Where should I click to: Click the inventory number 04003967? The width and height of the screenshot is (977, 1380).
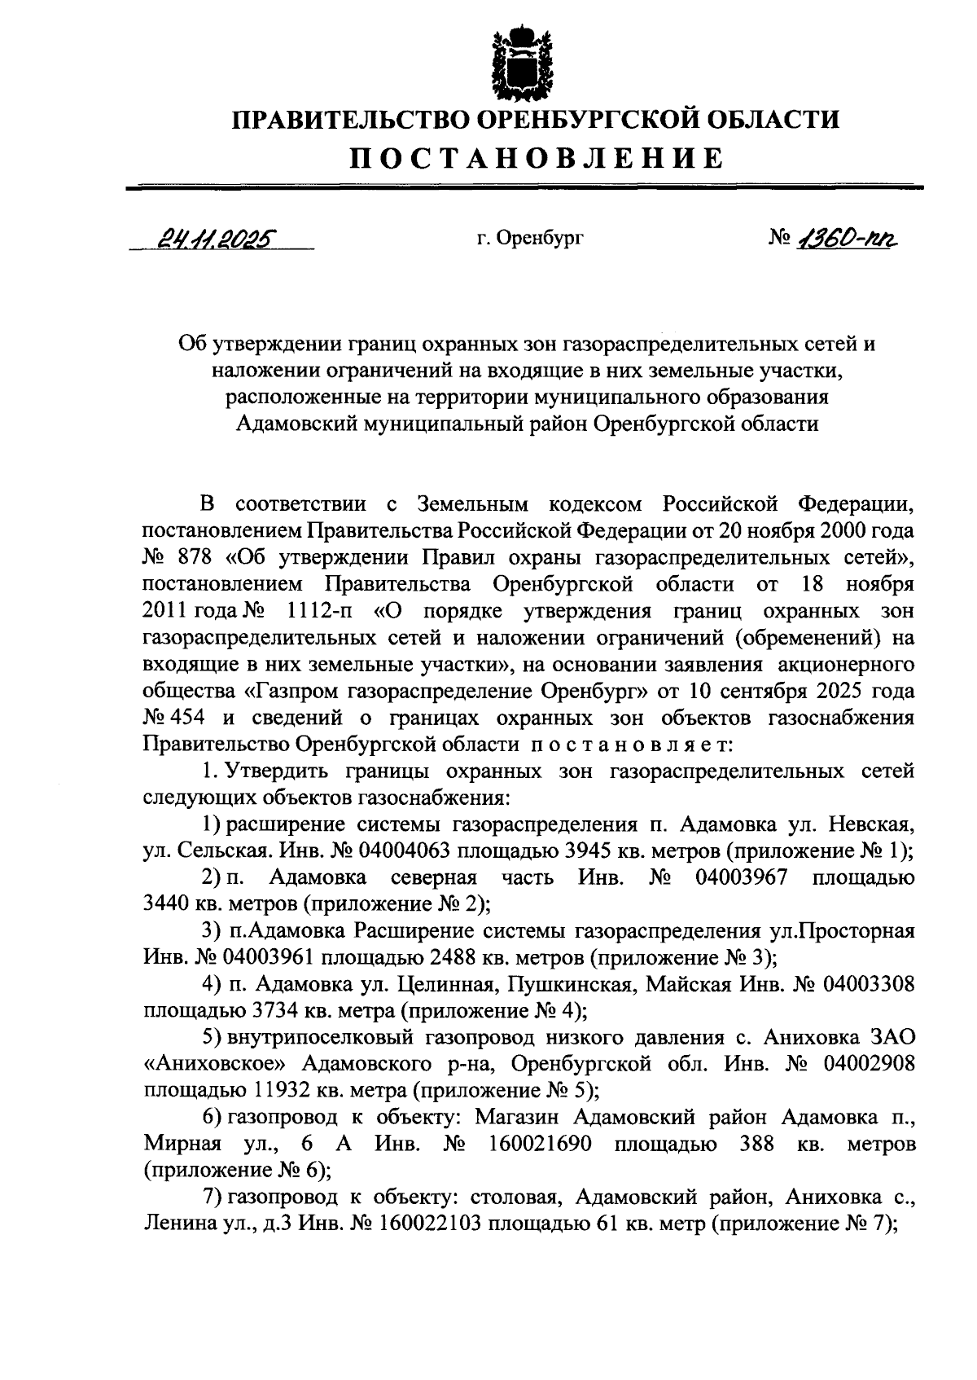742,878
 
